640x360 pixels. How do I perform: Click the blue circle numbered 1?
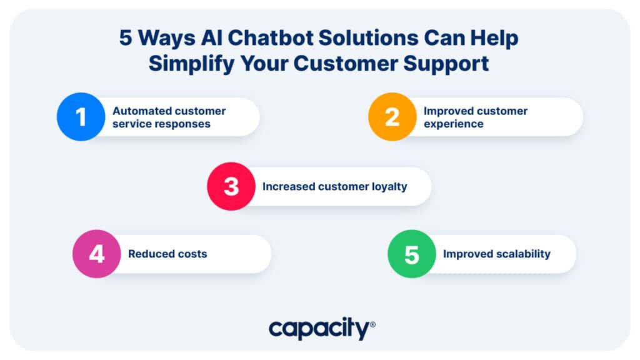point(81,117)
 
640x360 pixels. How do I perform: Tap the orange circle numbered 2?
point(392,117)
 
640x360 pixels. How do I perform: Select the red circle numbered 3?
point(231,186)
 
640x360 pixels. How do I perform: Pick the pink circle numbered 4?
point(97,254)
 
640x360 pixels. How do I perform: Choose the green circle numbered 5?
point(412,254)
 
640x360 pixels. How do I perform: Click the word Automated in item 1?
point(138,111)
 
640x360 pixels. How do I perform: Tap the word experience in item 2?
point(454,124)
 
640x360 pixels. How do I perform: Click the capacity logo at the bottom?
point(322,328)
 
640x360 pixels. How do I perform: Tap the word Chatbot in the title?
point(270,38)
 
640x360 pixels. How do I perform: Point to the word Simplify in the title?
point(191,64)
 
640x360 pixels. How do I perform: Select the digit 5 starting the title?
point(126,38)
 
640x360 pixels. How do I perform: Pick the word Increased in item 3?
point(289,186)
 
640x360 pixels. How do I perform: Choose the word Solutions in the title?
point(369,38)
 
